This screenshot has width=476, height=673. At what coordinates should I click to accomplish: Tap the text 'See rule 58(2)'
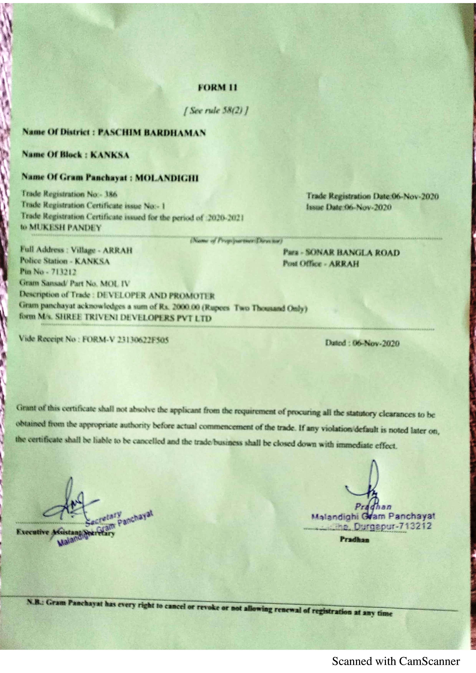coord(216,111)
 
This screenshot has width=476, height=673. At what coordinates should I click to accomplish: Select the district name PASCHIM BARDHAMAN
coord(152,133)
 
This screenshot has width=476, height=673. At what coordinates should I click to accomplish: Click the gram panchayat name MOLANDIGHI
coord(167,178)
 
